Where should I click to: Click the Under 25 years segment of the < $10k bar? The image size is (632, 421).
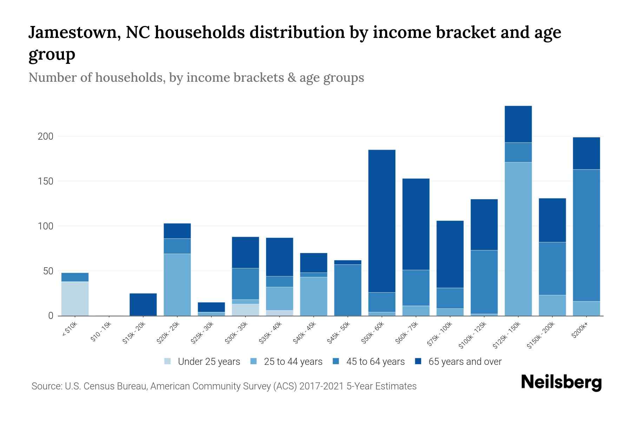pos(75,299)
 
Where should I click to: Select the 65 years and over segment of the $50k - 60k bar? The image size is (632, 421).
pos(382,221)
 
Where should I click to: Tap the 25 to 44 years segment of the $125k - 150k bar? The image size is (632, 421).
pos(518,239)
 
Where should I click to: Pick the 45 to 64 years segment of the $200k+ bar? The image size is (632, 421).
pos(586,235)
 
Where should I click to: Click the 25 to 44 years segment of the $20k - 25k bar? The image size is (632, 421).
pos(177,285)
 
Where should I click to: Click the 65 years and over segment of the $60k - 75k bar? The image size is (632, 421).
pos(416,224)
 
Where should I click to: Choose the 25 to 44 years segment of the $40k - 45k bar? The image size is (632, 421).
pos(314,296)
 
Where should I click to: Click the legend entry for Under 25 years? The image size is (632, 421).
pos(209,362)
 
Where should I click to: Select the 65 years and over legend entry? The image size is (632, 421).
pos(465,362)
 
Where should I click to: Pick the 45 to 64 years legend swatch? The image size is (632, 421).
pos(336,361)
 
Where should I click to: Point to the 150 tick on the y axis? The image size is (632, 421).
pos(45,181)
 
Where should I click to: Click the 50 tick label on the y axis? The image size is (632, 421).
pos(48,271)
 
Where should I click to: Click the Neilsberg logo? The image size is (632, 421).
pos(561,382)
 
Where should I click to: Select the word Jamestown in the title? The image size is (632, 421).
pos(72,33)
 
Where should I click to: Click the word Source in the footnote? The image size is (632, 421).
pos(46,386)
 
